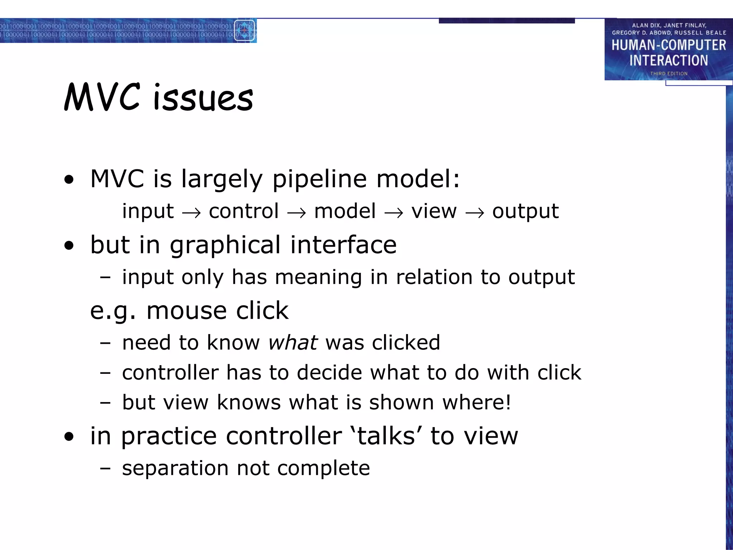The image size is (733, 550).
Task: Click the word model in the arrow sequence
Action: pyautogui.click(x=345, y=211)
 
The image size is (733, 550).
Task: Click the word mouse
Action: pyautogui.click(x=186, y=310)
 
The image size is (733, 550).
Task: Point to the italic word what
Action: pyautogui.click(x=293, y=343)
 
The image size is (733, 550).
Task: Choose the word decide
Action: pyautogui.click(x=330, y=373)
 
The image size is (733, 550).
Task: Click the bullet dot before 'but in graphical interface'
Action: pyautogui.click(x=69, y=246)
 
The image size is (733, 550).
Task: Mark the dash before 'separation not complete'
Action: pyautogui.click(x=105, y=468)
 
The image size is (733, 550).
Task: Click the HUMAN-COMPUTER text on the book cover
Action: pyautogui.click(x=669, y=45)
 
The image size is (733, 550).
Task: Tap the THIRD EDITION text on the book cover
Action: pyautogui.click(x=669, y=73)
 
